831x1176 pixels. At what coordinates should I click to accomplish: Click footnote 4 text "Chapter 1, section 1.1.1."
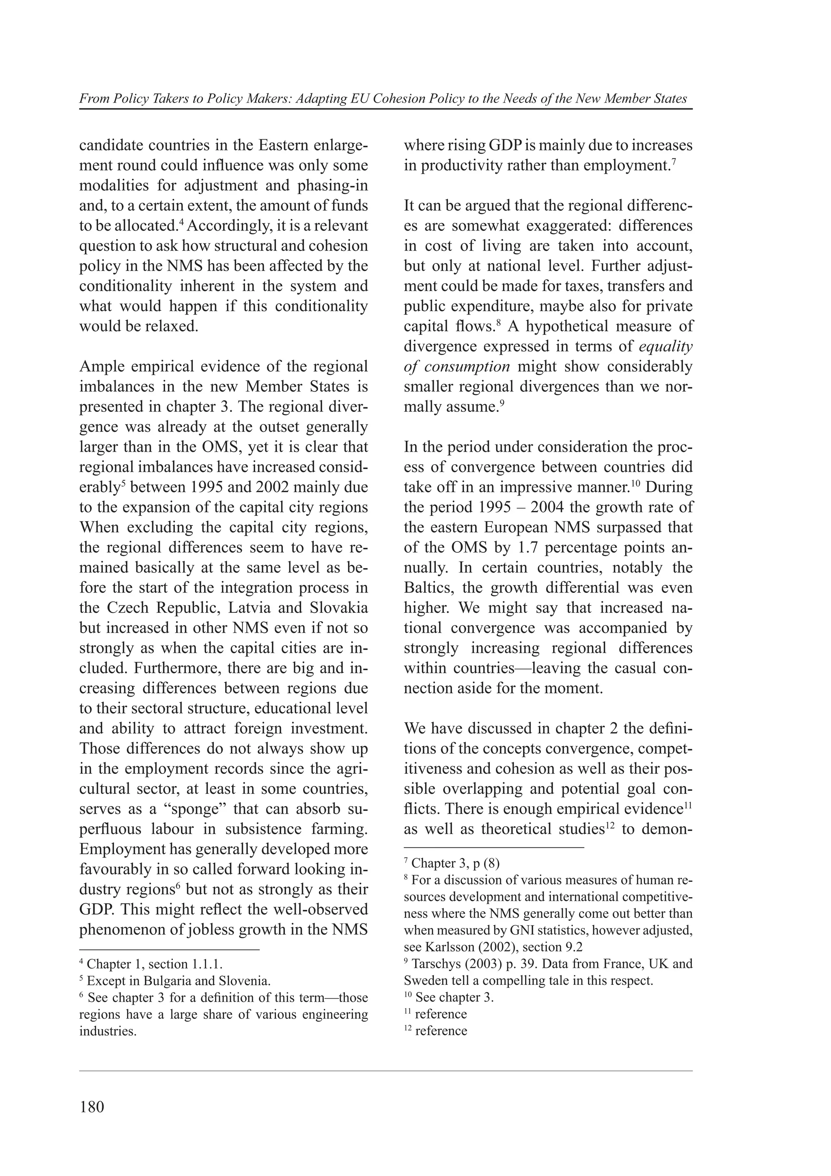pyautogui.click(x=155, y=964)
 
